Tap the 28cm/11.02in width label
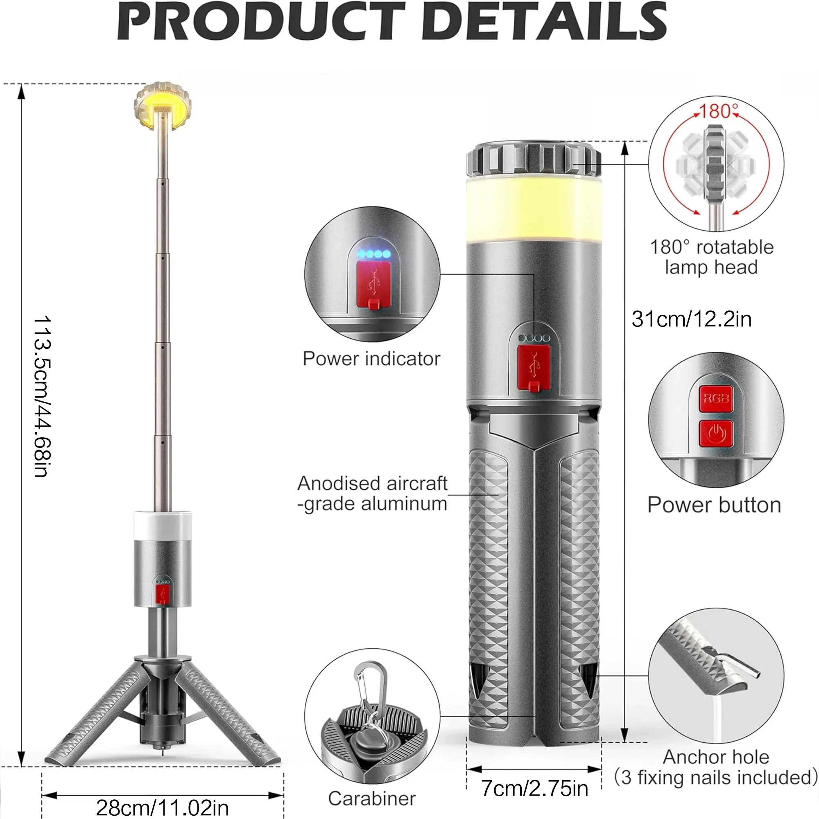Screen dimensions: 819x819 click(162, 808)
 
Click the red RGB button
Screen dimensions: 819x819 click(715, 398)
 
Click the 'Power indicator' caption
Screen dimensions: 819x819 click(371, 359)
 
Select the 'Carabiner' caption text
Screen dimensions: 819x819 click(372, 799)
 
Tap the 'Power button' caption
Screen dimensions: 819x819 click(714, 505)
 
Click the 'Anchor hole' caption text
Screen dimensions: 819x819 click(716, 757)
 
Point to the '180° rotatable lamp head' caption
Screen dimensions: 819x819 click(712, 257)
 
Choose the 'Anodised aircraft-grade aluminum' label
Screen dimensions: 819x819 click(372, 493)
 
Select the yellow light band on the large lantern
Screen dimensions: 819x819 click(534, 210)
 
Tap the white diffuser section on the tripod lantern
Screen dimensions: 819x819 click(163, 526)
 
